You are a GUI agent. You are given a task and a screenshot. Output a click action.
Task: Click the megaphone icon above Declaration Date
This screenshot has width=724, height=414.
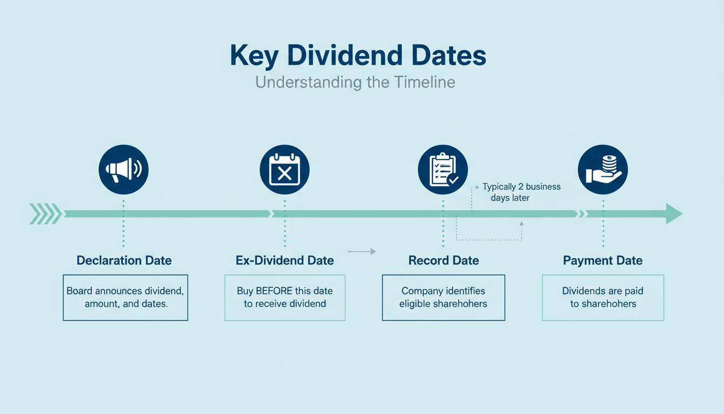click(123, 169)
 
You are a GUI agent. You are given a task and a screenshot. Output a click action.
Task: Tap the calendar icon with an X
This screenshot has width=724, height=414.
click(284, 169)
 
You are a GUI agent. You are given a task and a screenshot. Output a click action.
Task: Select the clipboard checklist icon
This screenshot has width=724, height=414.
click(443, 169)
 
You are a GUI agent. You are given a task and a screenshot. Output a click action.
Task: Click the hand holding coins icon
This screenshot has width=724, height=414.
click(603, 169)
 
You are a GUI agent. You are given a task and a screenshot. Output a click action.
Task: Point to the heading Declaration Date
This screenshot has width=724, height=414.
click(124, 260)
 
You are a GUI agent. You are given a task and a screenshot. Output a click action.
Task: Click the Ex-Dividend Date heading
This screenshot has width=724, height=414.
click(285, 260)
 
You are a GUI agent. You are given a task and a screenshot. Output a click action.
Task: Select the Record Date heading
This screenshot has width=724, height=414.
click(443, 260)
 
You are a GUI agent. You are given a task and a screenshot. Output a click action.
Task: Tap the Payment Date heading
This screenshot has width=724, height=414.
click(603, 261)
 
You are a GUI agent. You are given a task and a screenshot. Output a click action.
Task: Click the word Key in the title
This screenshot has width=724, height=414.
click(254, 56)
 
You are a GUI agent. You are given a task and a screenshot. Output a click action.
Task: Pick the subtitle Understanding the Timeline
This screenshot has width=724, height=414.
click(355, 82)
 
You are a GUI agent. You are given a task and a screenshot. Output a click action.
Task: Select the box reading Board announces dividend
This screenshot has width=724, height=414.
click(126, 298)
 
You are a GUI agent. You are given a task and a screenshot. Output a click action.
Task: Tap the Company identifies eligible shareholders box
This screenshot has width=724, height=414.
click(443, 298)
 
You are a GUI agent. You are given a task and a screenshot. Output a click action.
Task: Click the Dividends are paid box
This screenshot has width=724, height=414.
click(603, 298)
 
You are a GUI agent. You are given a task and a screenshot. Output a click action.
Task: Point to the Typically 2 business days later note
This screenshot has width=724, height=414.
click(521, 192)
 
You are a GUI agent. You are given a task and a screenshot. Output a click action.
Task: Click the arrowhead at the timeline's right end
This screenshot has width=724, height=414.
click(674, 214)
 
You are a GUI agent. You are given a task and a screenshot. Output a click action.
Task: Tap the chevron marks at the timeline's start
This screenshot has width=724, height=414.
click(46, 214)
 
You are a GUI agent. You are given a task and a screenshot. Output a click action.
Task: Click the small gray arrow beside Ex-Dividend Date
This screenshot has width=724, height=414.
click(362, 251)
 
